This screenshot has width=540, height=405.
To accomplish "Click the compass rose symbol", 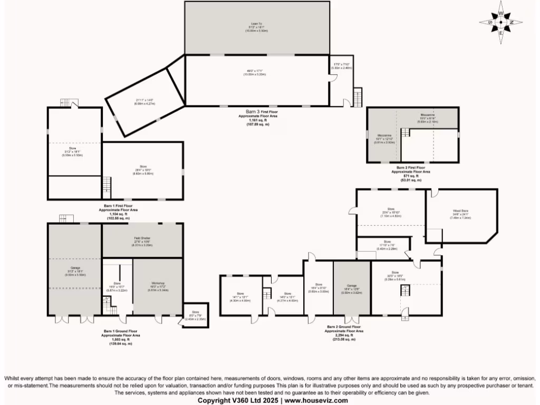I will pos(500,22).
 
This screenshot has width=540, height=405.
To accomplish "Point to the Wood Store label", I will pos(460,211).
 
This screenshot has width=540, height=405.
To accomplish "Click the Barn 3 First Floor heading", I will pos(257,112).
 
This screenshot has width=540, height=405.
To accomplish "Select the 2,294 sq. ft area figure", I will pos(345,335).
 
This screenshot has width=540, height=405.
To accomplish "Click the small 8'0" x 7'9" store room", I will pos(196,315).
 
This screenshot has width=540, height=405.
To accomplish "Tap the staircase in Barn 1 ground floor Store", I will pos(108,304).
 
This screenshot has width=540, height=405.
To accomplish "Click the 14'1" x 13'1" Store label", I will pos(240,295).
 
